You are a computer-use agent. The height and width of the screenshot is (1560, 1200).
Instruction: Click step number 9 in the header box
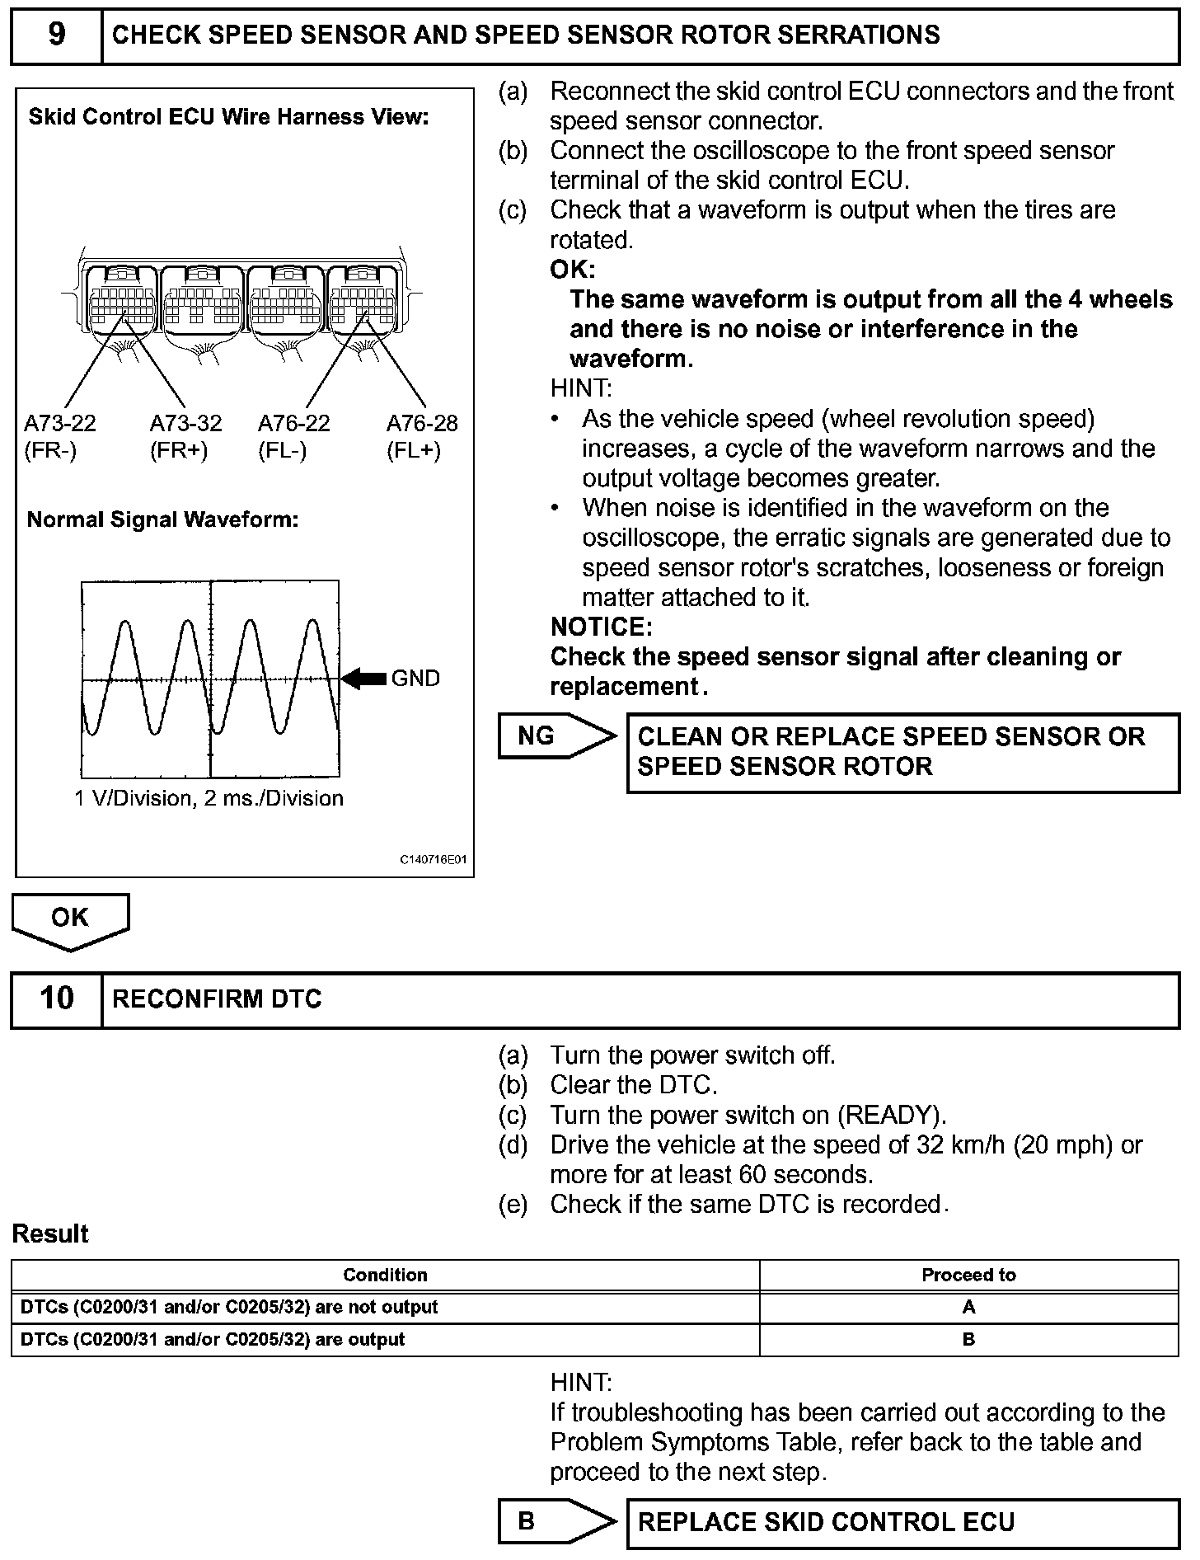tap(56, 35)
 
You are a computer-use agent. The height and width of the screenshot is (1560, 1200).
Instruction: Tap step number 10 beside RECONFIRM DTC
tap(56, 998)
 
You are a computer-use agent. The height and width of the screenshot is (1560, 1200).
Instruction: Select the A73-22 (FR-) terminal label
tap(59, 437)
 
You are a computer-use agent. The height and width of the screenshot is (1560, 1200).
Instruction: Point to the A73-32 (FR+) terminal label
tap(185, 437)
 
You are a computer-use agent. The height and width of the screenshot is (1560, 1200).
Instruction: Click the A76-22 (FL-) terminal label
tap(293, 437)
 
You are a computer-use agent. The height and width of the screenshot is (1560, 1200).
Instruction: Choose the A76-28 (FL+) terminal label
tap(422, 437)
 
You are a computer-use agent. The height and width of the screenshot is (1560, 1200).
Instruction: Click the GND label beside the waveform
tap(415, 679)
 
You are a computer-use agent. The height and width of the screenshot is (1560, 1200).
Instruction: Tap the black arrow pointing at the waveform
tap(363, 679)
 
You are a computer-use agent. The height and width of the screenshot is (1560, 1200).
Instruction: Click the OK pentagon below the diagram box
tap(70, 919)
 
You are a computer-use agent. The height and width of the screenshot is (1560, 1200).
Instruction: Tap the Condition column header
tap(385, 1275)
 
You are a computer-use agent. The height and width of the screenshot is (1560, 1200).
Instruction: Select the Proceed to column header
tap(968, 1275)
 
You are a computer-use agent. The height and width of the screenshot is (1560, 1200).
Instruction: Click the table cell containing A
tap(968, 1307)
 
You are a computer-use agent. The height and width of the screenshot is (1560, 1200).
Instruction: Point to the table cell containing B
tap(968, 1339)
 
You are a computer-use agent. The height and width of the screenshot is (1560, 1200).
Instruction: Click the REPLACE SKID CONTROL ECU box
tap(902, 1522)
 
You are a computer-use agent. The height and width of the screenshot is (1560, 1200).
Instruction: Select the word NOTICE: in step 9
tap(601, 627)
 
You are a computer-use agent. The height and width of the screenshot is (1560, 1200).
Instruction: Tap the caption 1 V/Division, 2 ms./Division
tap(209, 798)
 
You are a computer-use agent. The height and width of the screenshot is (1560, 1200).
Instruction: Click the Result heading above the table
tap(50, 1234)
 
